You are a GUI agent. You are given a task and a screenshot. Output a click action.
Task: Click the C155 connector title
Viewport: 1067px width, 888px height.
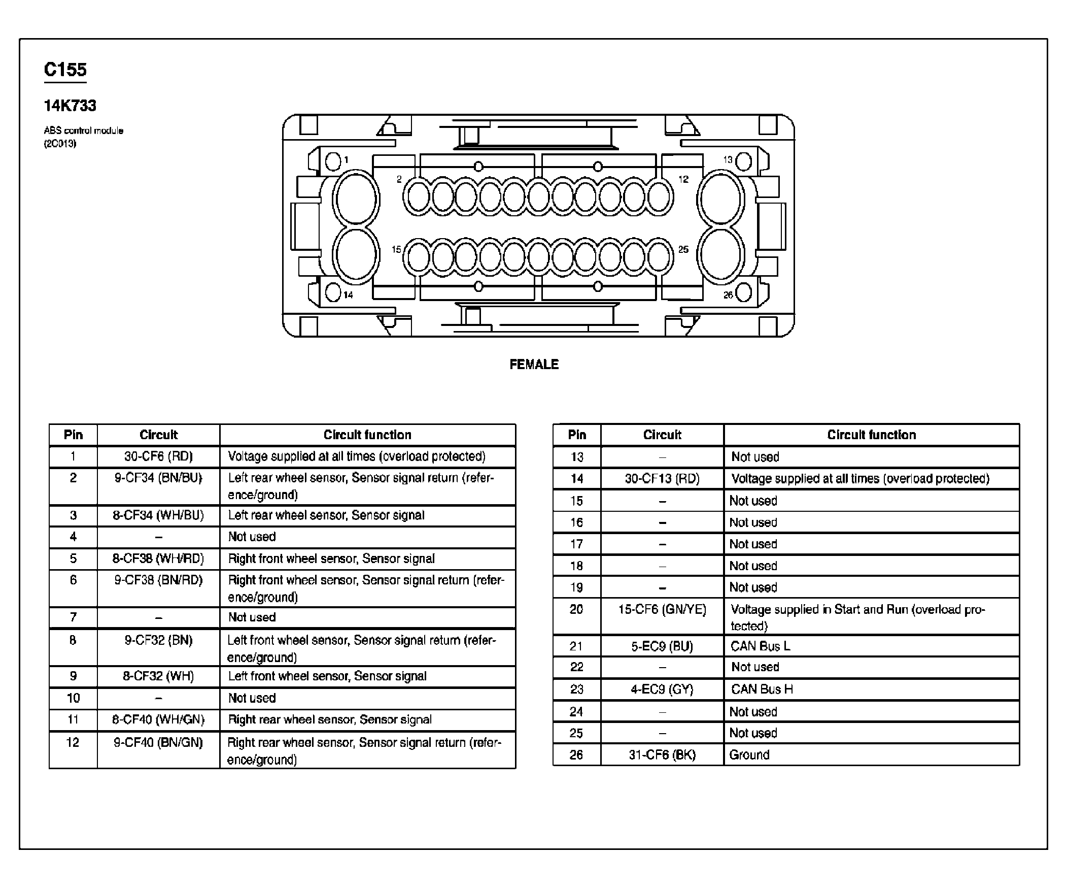click(65, 70)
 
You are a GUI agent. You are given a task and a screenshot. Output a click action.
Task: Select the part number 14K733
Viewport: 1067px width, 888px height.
click(70, 106)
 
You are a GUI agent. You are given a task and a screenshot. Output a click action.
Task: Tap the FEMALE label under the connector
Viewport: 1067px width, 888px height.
click(534, 364)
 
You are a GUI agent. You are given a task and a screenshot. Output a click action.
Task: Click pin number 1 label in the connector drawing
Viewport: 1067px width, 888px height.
click(347, 159)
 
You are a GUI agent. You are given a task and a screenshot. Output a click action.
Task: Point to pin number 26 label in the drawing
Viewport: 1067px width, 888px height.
click(728, 295)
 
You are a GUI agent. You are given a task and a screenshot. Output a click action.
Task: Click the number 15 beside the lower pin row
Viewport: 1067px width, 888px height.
click(396, 249)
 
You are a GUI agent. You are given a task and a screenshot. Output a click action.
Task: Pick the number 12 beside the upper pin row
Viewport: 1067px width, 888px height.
click(683, 179)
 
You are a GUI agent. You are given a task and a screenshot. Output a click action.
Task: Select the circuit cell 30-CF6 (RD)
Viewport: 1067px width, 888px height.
click(158, 456)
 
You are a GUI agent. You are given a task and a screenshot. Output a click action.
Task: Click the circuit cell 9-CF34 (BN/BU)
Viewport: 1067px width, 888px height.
click(158, 478)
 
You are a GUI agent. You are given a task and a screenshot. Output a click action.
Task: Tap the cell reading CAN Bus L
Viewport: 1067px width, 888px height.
click(761, 646)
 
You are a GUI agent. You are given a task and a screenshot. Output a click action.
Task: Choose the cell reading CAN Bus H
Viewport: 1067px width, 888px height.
click(762, 689)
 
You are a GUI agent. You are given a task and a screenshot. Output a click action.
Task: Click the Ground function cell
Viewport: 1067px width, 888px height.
click(749, 755)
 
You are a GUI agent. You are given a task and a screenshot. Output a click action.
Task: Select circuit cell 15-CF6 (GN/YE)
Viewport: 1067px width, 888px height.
click(662, 609)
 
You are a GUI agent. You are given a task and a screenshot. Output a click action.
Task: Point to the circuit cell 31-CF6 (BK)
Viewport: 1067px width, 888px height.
click(662, 755)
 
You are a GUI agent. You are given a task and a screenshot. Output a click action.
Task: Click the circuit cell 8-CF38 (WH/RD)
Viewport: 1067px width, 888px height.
click(158, 558)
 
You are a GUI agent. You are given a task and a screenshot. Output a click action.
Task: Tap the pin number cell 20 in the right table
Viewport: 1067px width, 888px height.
click(576, 609)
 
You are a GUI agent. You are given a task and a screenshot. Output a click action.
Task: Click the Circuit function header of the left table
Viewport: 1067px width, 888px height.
click(367, 435)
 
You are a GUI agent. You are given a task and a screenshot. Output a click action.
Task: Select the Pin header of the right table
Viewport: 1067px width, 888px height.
click(577, 435)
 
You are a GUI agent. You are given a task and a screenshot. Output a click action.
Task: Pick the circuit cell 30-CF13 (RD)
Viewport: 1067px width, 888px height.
click(662, 478)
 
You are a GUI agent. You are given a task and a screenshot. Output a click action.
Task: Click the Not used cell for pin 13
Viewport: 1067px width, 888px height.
click(755, 457)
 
